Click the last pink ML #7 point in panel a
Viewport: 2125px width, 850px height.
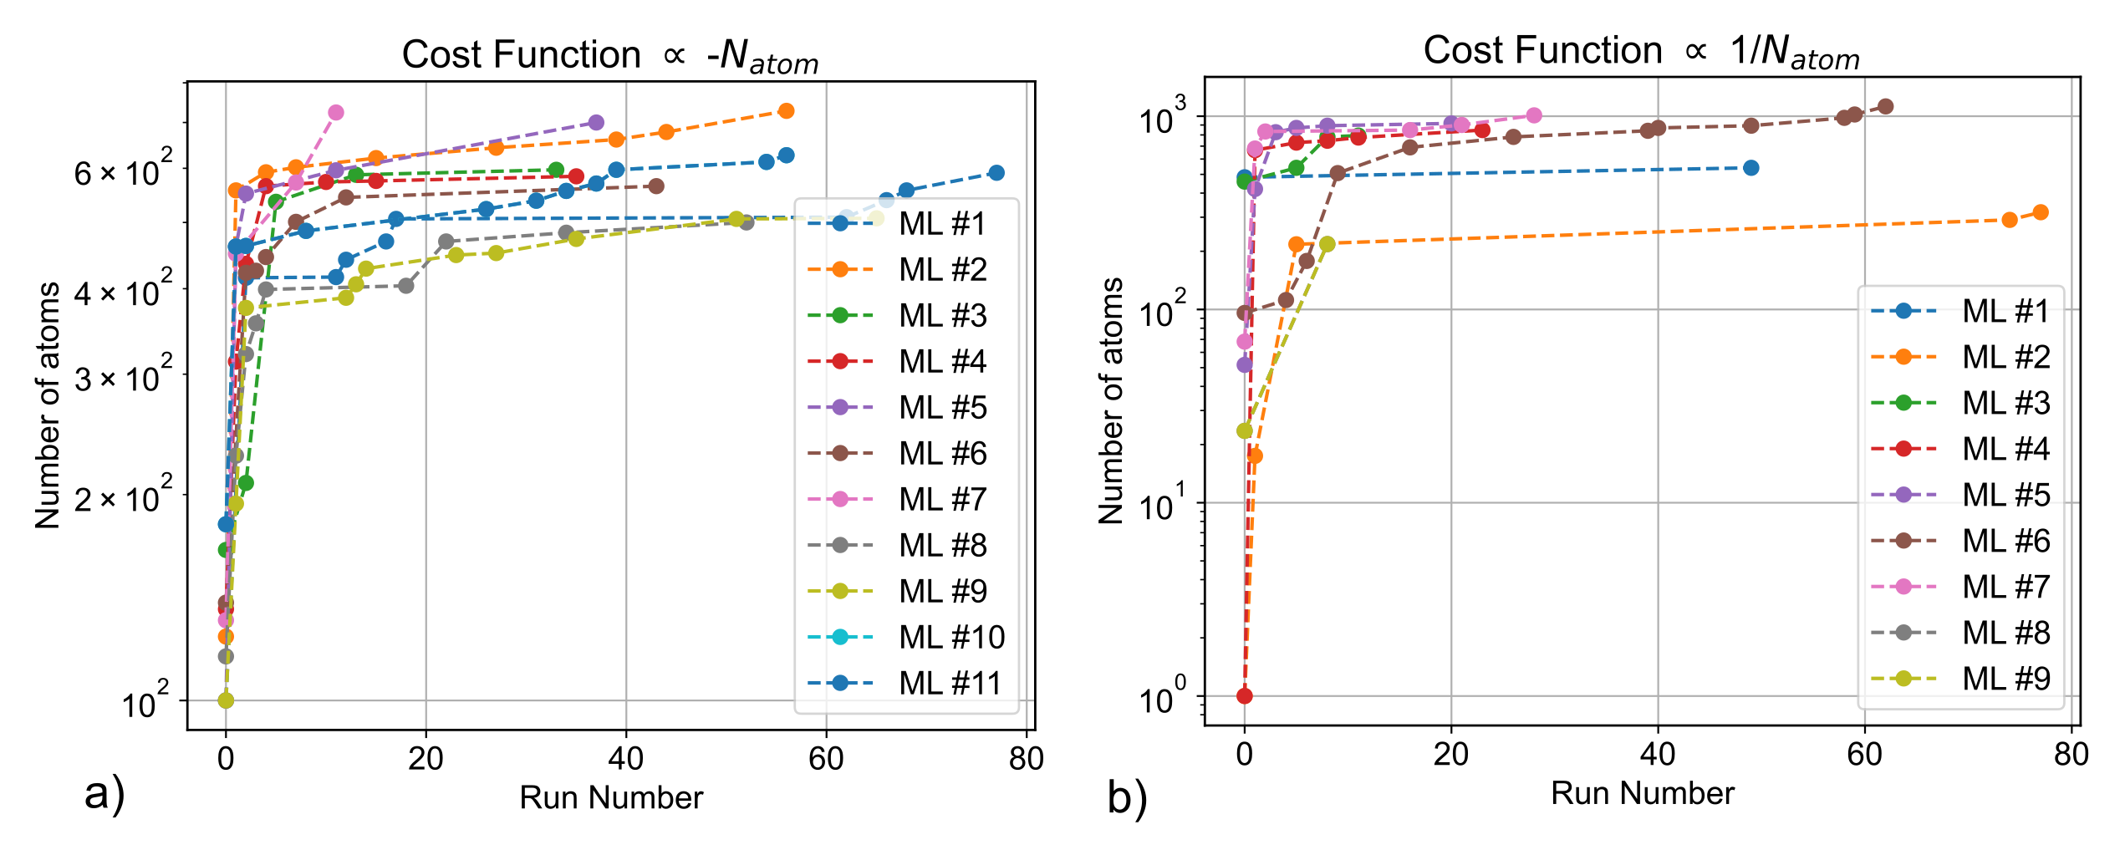click(x=336, y=112)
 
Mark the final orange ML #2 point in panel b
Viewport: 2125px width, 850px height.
click(x=2041, y=212)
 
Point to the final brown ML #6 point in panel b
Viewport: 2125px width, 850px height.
click(x=1885, y=106)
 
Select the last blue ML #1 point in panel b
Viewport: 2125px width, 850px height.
click(x=1751, y=168)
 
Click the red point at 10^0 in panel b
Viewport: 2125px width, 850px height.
click(x=1245, y=695)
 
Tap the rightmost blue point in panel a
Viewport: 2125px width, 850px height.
click(x=996, y=173)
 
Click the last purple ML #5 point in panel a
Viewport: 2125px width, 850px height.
click(x=596, y=123)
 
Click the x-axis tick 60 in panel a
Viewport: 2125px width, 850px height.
click(x=826, y=759)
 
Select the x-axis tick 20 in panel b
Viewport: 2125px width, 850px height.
click(x=1451, y=755)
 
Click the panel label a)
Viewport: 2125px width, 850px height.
click(x=104, y=793)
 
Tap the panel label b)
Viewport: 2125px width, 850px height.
click(x=1128, y=797)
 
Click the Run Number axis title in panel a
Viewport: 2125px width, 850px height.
click(x=611, y=798)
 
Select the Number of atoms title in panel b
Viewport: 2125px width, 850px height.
click(x=1112, y=401)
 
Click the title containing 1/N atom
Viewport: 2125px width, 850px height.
click(x=1641, y=53)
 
